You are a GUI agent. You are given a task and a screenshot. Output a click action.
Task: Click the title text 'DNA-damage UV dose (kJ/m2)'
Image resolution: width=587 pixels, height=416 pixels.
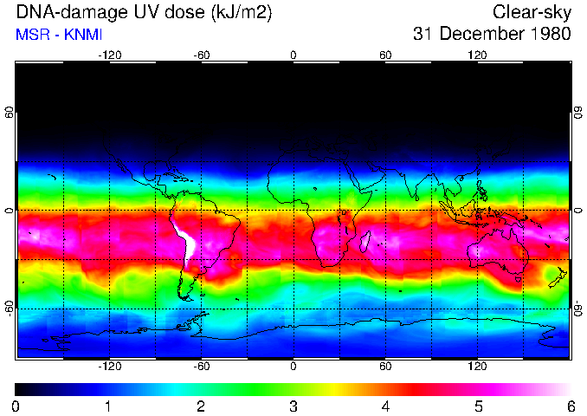point(145,12)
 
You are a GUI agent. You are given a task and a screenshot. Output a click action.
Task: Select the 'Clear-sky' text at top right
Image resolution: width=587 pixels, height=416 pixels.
point(532,12)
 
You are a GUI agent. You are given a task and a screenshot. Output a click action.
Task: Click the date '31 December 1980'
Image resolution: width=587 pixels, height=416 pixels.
point(492,35)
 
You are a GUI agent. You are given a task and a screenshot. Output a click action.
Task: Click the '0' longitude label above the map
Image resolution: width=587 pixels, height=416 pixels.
point(293,55)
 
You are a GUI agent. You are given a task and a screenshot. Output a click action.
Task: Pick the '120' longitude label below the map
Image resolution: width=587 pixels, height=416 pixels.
point(477,366)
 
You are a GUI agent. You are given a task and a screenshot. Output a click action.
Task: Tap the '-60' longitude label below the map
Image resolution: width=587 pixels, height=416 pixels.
point(201,366)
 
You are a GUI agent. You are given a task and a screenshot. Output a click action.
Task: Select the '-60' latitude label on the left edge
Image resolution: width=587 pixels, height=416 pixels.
point(10,308)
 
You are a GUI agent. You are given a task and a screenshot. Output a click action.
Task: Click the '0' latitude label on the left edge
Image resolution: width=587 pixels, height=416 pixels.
point(10,211)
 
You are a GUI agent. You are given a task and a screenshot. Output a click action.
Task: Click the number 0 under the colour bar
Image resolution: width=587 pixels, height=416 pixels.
point(16,406)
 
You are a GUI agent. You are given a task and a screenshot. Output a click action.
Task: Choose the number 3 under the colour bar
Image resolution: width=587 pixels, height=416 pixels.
point(293,406)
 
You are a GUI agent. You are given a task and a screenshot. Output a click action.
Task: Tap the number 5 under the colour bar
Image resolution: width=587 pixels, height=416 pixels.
point(478,406)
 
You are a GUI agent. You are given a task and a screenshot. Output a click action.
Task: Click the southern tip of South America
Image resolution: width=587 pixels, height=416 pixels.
point(188,298)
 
